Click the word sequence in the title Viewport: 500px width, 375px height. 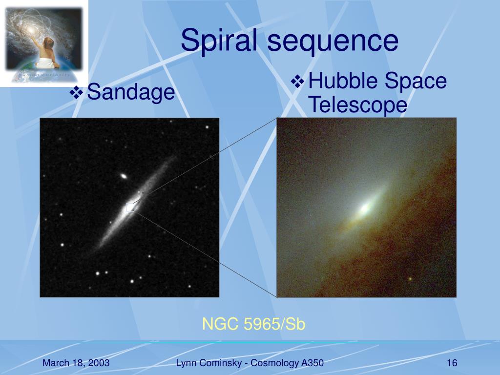coord(333,42)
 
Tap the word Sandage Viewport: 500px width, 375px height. coord(131,92)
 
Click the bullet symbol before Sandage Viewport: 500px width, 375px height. coord(76,93)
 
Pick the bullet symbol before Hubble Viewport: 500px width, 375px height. coord(297,81)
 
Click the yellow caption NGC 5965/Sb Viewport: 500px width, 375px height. coord(254,324)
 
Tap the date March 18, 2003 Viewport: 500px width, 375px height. coord(76,363)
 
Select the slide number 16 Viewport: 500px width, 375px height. coord(452,363)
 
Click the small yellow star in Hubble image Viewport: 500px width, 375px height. coord(410,279)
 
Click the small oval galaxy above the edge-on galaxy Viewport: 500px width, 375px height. coord(124,176)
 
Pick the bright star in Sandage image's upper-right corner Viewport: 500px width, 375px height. coord(207,127)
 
